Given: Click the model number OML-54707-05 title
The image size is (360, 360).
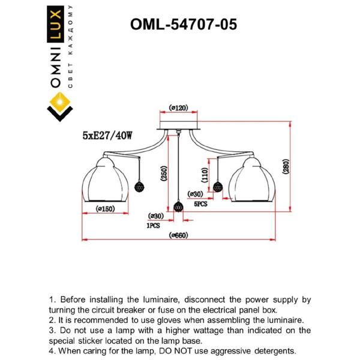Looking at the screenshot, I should pos(184,24).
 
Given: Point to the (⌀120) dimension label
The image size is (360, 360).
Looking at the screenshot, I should pos(178,108).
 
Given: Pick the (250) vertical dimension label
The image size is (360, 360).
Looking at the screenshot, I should pos(163,175).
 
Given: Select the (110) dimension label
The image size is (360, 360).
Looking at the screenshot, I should pos(204,175).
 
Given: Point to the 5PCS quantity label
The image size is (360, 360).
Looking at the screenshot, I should pos(200,204).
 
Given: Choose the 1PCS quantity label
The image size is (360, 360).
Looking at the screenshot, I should pos(154,226).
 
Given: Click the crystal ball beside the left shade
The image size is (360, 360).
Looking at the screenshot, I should pos(139,187).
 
